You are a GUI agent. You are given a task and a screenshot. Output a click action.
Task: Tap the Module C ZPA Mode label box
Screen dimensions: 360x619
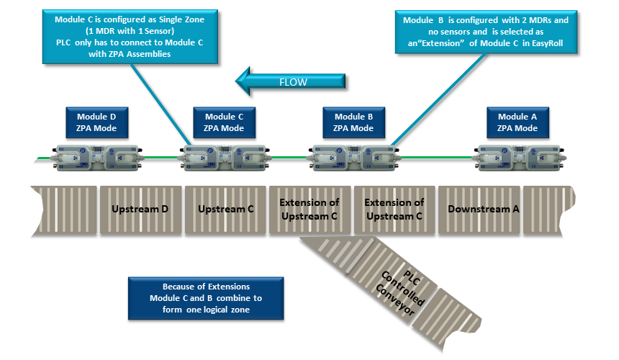[224, 122]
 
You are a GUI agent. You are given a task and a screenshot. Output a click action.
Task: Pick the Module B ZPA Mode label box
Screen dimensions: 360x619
[353, 122]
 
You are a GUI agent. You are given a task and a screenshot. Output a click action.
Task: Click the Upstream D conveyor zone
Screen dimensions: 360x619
[140, 210]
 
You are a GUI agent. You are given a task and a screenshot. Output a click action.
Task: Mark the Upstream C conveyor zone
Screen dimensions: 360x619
[226, 210]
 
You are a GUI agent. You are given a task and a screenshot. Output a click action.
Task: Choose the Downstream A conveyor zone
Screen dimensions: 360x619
[477, 210]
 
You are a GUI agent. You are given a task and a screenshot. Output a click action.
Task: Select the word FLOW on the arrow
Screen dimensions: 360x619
[293, 81]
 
